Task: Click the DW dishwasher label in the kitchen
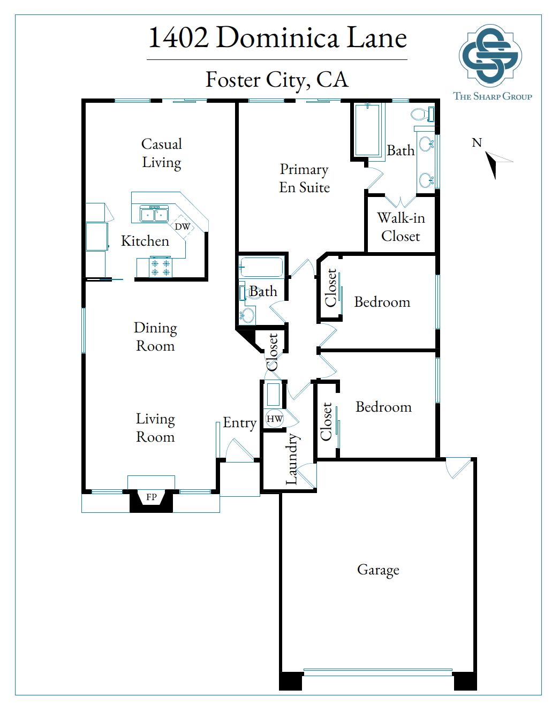(182, 226)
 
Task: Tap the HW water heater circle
(274, 419)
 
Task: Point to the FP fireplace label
(152, 497)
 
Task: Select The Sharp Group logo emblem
(490, 56)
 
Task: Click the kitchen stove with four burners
(161, 267)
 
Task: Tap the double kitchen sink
(154, 215)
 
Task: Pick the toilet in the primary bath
(422, 115)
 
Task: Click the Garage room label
(378, 570)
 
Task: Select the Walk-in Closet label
(401, 227)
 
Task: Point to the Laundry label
(292, 459)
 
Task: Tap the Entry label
(239, 423)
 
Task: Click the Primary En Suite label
(304, 178)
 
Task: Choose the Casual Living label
(162, 153)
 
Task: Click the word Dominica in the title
(277, 37)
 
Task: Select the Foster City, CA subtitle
(277, 80)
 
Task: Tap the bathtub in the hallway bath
(261, 267)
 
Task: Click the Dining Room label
(155, 337)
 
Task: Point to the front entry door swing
(239, 450)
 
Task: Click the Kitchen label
(145, 241)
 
